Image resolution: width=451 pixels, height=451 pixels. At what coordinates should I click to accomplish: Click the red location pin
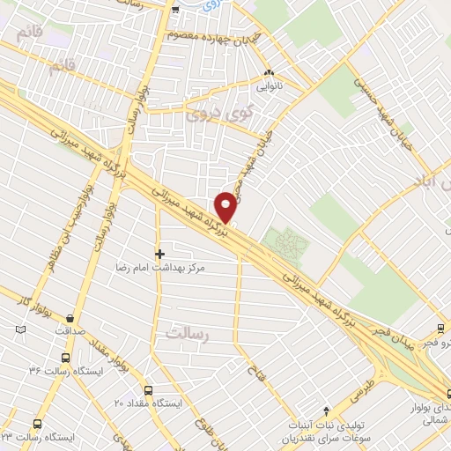click(x=225, y=206)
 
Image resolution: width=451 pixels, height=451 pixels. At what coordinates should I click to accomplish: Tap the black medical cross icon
click(x=159, y=253)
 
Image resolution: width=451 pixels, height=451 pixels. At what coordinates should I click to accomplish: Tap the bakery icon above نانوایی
click(x=270, y=74)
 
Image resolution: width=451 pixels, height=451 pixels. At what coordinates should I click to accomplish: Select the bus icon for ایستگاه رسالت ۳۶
click(x=65, y=358)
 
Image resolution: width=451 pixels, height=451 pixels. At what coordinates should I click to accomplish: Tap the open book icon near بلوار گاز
click(x=21, y=330)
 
